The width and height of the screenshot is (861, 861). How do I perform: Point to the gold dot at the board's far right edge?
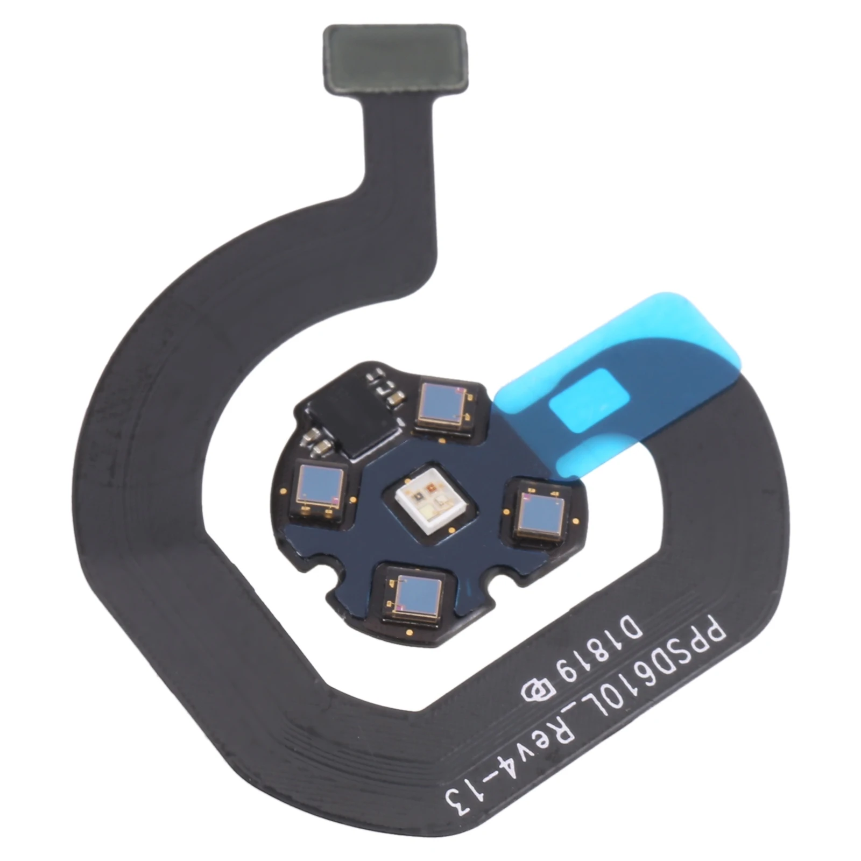[x=577, y=521]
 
